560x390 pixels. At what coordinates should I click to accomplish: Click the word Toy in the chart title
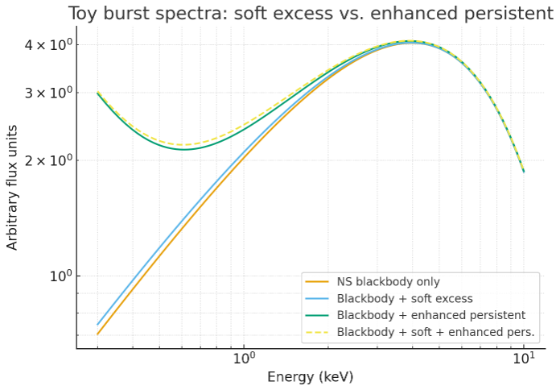(84, 14)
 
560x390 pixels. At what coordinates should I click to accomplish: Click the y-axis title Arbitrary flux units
(12, 187)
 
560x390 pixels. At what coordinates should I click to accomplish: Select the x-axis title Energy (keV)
(310, 376)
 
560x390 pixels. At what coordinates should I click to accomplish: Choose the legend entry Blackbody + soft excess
(393, 298)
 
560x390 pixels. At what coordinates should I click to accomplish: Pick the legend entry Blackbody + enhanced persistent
(431, 314)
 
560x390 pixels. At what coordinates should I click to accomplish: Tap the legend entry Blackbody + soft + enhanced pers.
(436, 331)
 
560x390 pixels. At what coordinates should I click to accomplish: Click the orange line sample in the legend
(317, 281)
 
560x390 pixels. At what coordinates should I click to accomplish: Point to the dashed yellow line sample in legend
(317, 331)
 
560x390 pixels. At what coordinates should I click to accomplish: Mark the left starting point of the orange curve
(97, 334)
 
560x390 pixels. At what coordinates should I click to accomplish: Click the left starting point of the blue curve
(97, 324)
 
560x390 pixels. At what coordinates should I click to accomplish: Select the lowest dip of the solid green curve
(184, 149)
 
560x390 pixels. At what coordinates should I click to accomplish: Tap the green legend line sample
(317, 314)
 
